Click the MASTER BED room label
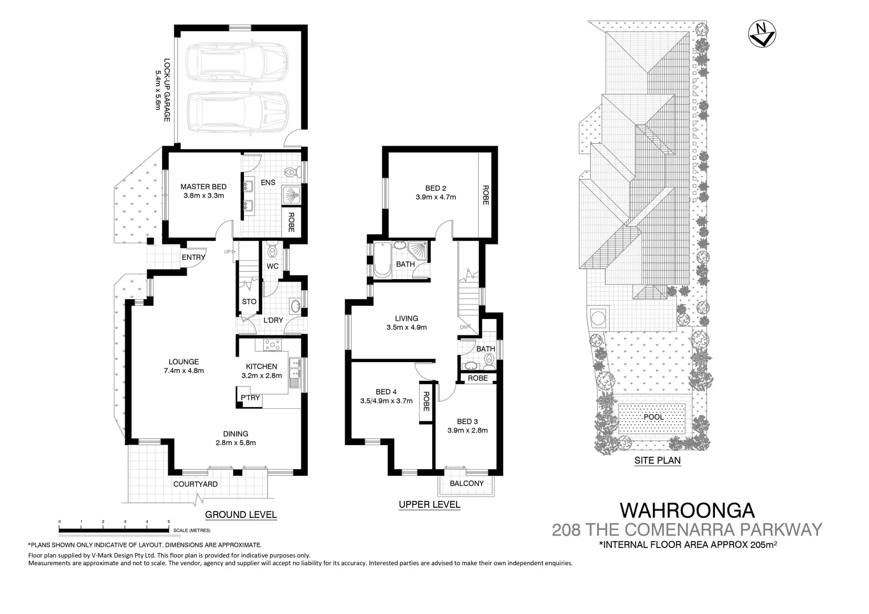pyautogui.click(x=203, y=186)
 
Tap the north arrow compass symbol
pyautogui.click(x=762, y=34)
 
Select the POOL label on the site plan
pyautogui.click(x=653, y=417)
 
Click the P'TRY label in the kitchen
pyautogui.click(x=250, y=398)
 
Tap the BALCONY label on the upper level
pyautogui.click(x=466, y=483)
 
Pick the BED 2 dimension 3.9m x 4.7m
pyautogui.click(x=436, y=197)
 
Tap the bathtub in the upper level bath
pyautogui.click(x=382, y=260)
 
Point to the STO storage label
pyautogui.click(x=249, y=301)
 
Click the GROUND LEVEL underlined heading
pyautogui.click(x=241, y=515)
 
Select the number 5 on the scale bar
pyautogui.click(x=168, y=521)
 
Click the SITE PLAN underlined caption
pyautogui.click(x=657, y=460)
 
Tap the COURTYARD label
pyautogui.click(x=195, y=484)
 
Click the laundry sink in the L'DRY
pyautogui.click(x=295, y=306)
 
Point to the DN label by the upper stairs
pyautogui.click(x=464, y=327)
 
